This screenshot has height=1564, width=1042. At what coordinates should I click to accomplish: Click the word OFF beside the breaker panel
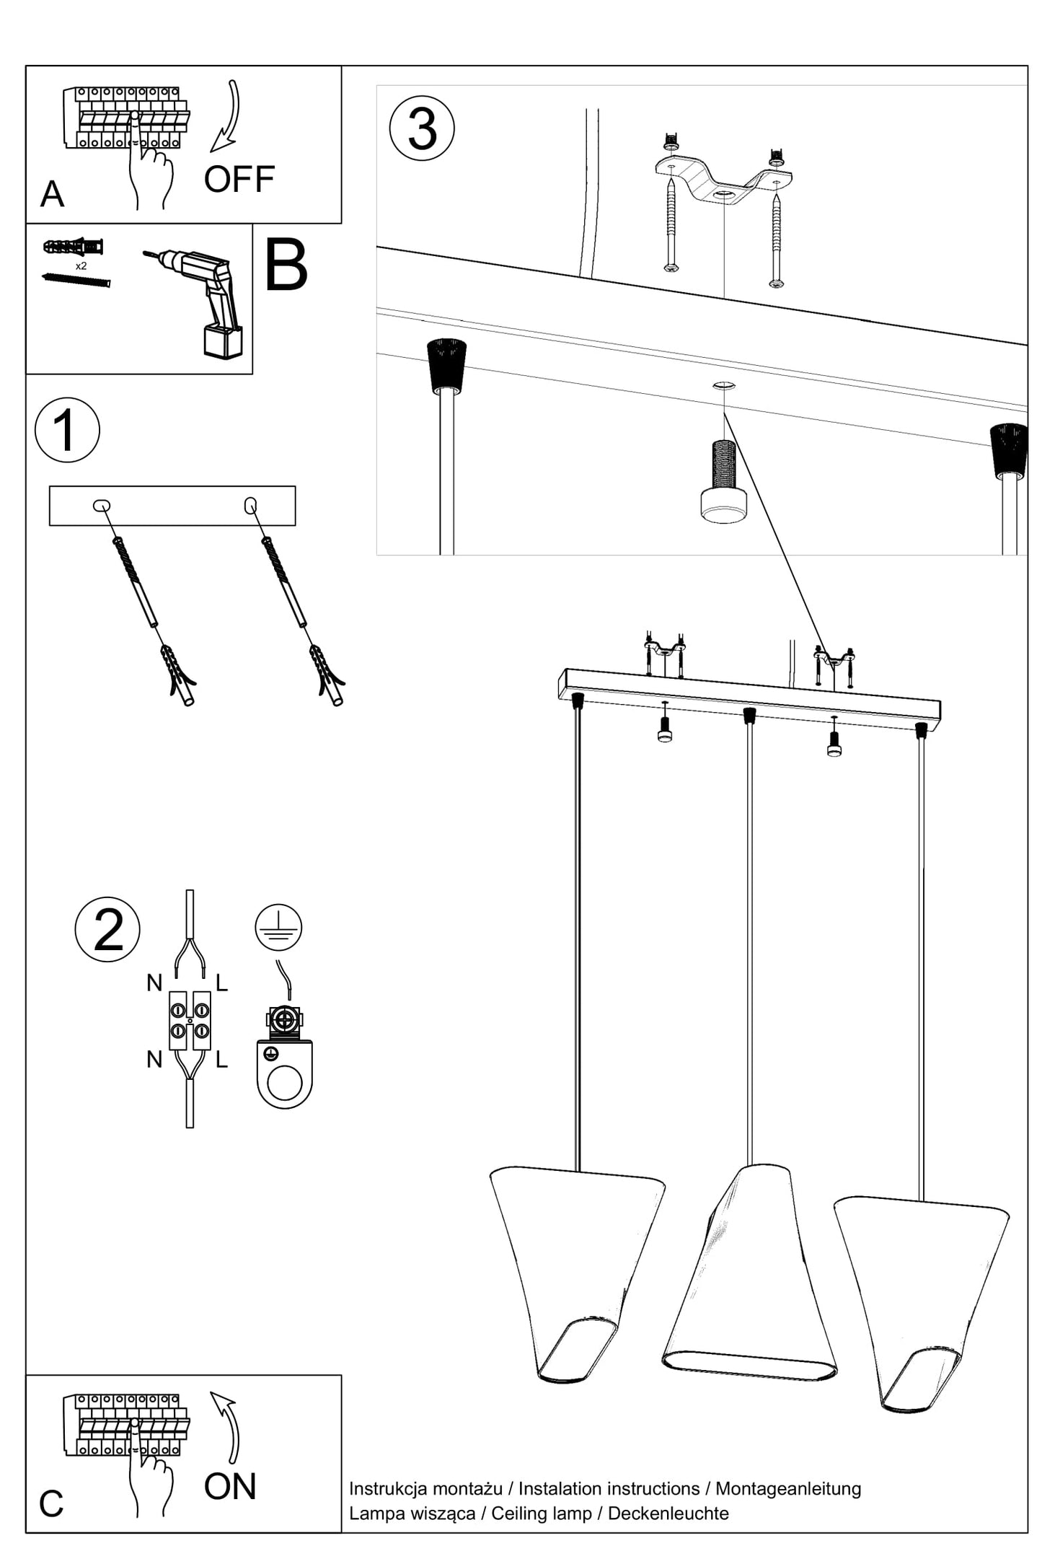pyautogui.click(x=239, y=179)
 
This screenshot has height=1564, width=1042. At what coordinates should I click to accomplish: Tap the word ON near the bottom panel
pyautogui.click(x=230, y=1486)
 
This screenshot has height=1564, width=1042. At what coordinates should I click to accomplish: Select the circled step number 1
pyautogui.click(x=67, y=430)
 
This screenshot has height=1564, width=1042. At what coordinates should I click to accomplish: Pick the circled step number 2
pyautogui.click(x=107, y=929)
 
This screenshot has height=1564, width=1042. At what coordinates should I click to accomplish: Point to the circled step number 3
pyautogui.click(x=422, y=128)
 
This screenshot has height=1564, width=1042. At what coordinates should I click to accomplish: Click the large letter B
pyautogui.click(x=286, y=266)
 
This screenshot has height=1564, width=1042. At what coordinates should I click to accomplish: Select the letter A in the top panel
pyautogui.click(x=52, y=194)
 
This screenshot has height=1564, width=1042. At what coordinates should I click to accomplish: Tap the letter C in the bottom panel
pyautogui.click(x=51, y=1504)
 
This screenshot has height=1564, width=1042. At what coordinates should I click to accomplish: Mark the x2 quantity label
pyautogui.click(x=81, y=266)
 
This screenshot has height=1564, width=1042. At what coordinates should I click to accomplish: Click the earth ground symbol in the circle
pyautogui.click(x=278, y=927)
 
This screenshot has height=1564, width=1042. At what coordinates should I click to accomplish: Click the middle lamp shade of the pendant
pyautogui.click(x=750, y=1277)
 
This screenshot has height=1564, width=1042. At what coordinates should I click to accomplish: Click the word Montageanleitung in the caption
pyautogui.click(x=788, y=1488)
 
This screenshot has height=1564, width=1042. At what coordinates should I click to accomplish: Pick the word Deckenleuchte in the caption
pyautogui.click(x=668, y=1513)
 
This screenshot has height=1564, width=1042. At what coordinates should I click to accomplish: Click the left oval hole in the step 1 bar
pyautogui.click(x=102, y=506)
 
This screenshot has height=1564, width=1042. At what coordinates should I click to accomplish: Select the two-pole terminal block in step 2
pyautogui.click(x=190, y=1020)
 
